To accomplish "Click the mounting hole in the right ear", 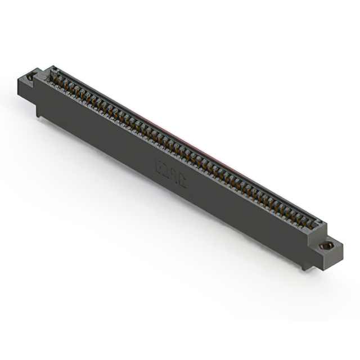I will tap(326, 245).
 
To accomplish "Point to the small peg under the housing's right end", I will tap(304, 268).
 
